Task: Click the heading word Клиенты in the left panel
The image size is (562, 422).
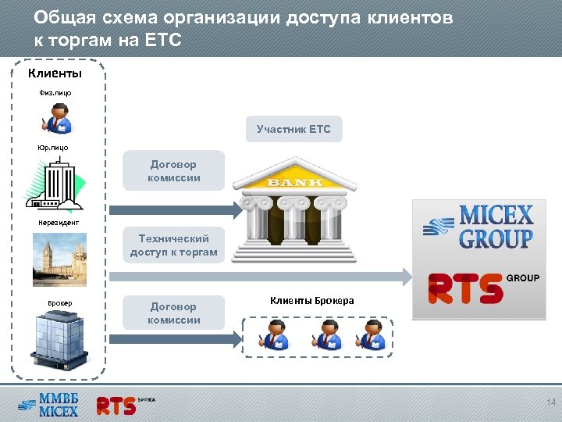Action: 55,74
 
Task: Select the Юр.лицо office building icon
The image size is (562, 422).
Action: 55,184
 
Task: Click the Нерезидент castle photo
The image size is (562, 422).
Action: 59,258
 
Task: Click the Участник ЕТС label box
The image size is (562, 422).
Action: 293,129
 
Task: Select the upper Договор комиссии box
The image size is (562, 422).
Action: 173,171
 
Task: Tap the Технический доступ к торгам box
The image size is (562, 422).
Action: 173,245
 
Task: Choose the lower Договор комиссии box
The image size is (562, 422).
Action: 173,313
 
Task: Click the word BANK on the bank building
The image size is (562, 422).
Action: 295,183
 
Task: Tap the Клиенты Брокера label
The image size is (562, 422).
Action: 311,301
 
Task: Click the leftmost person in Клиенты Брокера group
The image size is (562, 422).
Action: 275,334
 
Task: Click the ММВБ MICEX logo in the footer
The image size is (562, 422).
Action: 48,406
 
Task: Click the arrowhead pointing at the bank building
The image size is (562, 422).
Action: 237,209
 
